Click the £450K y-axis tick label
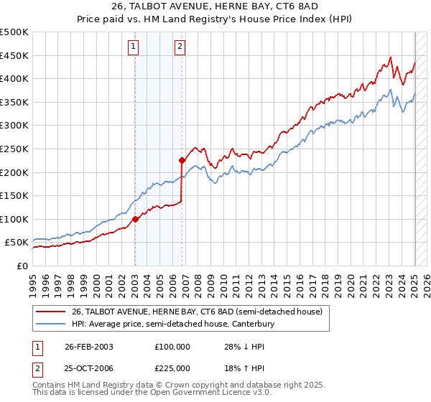14,55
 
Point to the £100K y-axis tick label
14,219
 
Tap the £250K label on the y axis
14,149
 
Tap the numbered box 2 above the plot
180,47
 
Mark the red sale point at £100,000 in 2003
136,219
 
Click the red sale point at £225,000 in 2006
182,160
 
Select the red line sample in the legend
52,312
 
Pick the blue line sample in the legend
52,324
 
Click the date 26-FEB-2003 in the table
89,347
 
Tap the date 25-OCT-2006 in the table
89,368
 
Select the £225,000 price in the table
172,368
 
